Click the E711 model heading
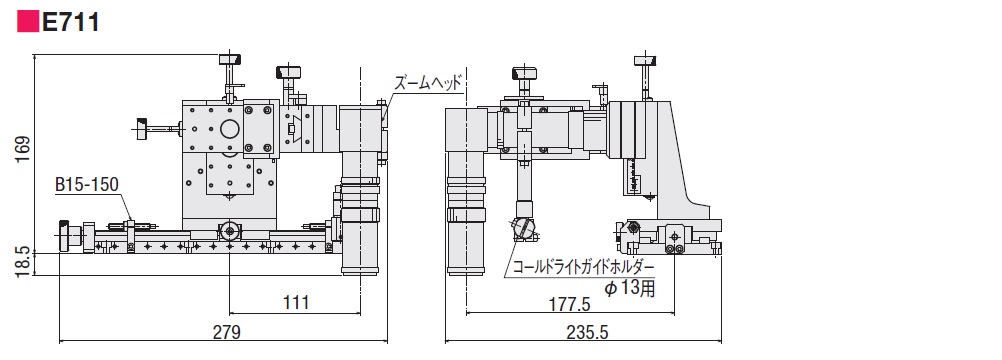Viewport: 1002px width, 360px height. click(x=70, y=23)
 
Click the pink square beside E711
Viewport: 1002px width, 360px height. click(x=27, y=23)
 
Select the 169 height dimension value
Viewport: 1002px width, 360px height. click(x=22, y=150)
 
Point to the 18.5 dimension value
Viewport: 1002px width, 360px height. click(x=22, y=262)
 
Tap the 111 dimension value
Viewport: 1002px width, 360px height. click(x=294, y=302)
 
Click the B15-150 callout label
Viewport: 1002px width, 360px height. click(x=87, y=185)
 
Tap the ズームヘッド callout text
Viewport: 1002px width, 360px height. click(x=427, y=84)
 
